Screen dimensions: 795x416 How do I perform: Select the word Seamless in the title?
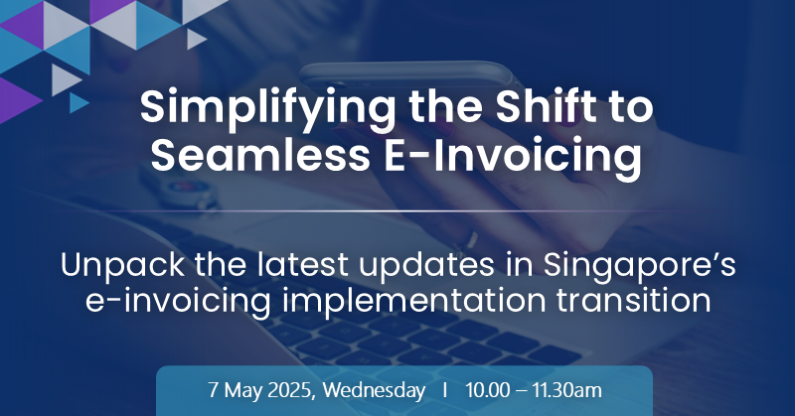click(260, 155)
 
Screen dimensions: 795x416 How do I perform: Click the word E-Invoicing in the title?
click(512, 157)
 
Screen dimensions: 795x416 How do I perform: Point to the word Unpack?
click(122, 265)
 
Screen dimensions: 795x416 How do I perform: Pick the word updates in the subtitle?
click(426, 266)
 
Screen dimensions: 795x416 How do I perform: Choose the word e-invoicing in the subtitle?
click(178, 302)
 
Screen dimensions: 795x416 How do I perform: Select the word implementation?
click(413, 302)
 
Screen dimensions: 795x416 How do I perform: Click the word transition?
click(633, 300)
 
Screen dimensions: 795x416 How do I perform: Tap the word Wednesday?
click(374, 390)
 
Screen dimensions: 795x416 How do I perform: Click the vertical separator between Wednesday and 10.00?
click(444, 390)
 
